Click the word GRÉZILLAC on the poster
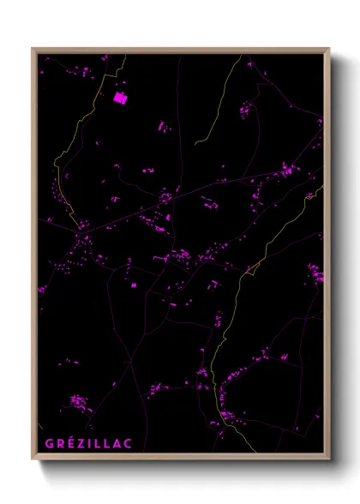point(88,443)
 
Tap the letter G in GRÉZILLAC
point(50,443)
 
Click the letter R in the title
point(59,443)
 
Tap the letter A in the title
point(116,443)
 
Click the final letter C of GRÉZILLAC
point(127,443)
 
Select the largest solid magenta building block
point(120,98)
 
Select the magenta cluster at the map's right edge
point(316,274)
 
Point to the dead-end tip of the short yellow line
point(195,142)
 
